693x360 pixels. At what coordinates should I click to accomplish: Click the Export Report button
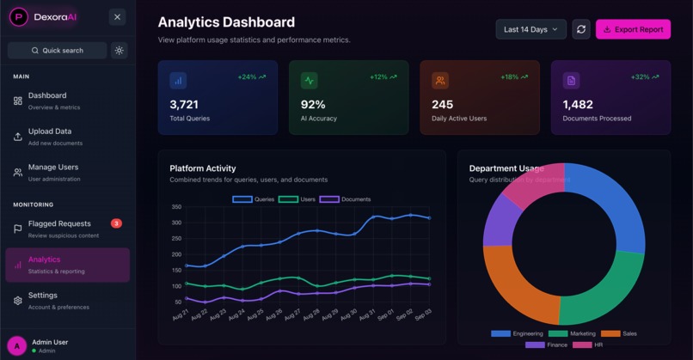pyautogui.click(x=633, y=29)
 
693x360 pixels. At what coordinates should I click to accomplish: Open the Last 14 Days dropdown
pyautogui.click(x=530, y=29)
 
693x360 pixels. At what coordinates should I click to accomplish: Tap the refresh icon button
pyautogui.click(x=581, y=29)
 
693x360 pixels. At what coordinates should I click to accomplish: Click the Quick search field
pyautogui.click(x=58, y=51)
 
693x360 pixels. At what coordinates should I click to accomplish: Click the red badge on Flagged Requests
pyautogui.click(x=116, y=223)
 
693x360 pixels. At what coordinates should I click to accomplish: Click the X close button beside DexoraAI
pyautogui.click(x=118, y=17)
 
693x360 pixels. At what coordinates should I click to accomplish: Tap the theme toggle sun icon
pyautogui.click(x=120, y=51)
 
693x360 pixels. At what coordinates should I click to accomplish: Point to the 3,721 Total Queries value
pyautogui.click(x=184, y=104)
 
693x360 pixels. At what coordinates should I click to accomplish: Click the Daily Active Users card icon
pyautogui.click(x=440, y=81)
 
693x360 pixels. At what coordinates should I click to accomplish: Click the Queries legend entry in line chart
pyautogui.click(x=254, y=199)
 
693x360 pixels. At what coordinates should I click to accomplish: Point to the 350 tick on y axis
pyautogui.click(x=176, y=207)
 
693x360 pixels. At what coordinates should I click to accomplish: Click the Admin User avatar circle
pyautogui.click(x=16, y=346)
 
